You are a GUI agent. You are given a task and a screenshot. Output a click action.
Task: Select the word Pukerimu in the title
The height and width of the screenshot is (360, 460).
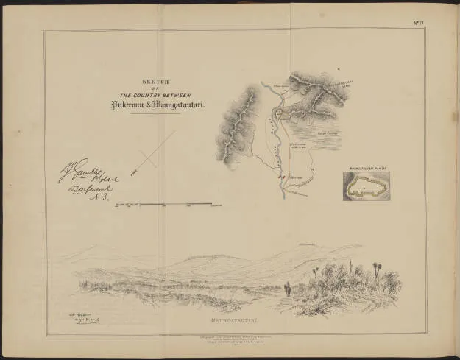[132, 105]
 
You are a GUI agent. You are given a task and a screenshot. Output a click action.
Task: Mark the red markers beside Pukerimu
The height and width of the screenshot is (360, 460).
[280, 177]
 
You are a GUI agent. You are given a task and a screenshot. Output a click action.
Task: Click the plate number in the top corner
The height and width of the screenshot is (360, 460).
[419, 24]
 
